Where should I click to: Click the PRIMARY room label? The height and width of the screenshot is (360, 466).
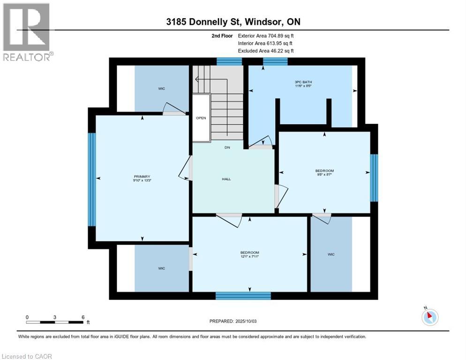click(142, 177)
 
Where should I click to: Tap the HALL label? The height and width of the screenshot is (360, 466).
click(226, 179)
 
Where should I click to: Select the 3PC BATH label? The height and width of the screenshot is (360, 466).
click(303, 82)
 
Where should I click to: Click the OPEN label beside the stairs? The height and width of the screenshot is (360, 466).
click(201, 118)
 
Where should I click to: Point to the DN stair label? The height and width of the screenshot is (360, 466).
click(227, 148)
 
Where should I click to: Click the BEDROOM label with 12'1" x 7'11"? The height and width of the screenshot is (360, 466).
click(249, 253)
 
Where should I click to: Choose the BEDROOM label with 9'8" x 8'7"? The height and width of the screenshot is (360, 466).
click(324, 171)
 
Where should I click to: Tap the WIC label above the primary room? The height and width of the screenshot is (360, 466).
click(161, 89)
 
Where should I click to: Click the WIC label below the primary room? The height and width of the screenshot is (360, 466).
click(161, 269)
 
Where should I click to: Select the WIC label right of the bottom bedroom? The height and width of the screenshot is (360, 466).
click(331, 255)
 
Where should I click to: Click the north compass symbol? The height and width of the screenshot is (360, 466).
click(430, 317)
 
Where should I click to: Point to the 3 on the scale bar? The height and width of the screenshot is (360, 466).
click(55, 317)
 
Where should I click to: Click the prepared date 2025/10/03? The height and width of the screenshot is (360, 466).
click(246, 321)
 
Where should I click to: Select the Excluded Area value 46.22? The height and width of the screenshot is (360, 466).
click(276, 51)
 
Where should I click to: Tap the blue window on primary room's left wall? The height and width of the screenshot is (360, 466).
click(92, 180)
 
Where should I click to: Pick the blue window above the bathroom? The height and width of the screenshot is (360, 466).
click(275, 61)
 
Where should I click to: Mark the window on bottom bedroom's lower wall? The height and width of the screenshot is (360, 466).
click(243, 296)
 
